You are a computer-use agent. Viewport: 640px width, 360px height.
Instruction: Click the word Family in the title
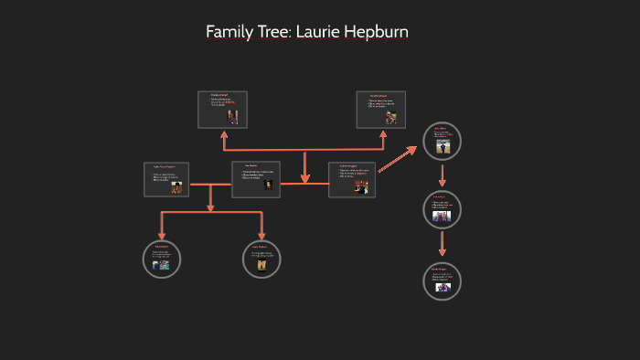pyautogui.click(x=229, y=32)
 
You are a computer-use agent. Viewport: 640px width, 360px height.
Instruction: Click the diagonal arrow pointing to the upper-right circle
pyautogui.click(x=398, y=158)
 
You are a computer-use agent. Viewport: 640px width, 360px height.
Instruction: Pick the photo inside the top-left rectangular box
pyautogui.click(x=233, y=116)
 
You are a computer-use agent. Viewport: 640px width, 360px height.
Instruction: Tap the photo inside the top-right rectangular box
pyautogui.click(x=390, y=117)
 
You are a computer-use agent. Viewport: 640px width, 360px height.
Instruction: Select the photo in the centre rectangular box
pyautogui.click(x=269, y=184)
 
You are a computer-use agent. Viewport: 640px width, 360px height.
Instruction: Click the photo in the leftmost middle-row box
pyautogui.click(x=176, y=186)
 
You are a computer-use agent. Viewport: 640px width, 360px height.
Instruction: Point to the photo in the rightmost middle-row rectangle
pyautogui.click(x=361, y=186)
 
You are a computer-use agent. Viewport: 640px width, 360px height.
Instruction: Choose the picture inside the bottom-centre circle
pyautogui.click(x=261, y=265)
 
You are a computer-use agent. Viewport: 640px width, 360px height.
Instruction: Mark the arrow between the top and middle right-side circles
pyautogui.click(x=443, y=176)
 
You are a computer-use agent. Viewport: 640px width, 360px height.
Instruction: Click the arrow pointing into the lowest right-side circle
pyautogui.click(x=443, y=244)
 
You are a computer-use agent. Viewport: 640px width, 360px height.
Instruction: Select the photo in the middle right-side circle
pyautogui.click(x=443, y=217)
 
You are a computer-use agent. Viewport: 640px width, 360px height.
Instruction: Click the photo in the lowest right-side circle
pyautogui.click(x=443, y=287)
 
